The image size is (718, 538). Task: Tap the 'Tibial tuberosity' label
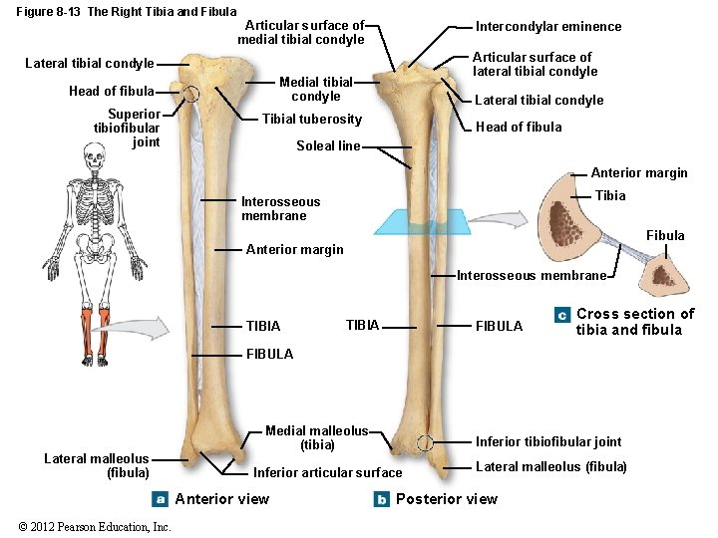(x=311, y=120)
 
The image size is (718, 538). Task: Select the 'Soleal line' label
(x=328, y=146)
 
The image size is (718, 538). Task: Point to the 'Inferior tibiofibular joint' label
(x=547, y=441)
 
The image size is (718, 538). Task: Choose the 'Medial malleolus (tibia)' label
(x=316, y=438)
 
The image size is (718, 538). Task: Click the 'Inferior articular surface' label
(x=327, y=472)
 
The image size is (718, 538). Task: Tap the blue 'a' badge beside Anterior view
(x=160, y=499)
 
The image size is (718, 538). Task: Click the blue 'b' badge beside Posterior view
(x=381, y=499)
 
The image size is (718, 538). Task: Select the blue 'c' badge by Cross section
(x=562, y=315)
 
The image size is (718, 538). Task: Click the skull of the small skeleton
(x=94, y=156)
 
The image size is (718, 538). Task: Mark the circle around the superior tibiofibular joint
(x=191, y=94)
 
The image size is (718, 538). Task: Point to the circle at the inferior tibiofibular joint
(x=425, y=443)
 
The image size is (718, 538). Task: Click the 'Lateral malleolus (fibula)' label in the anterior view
(x=97, y=465)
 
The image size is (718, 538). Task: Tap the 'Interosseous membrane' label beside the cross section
(x=532, y=276)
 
